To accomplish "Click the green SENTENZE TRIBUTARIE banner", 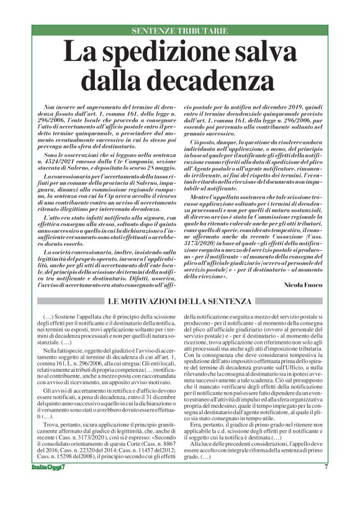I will [x=180, y=30].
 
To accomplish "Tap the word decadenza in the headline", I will [x=210, y=79].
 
